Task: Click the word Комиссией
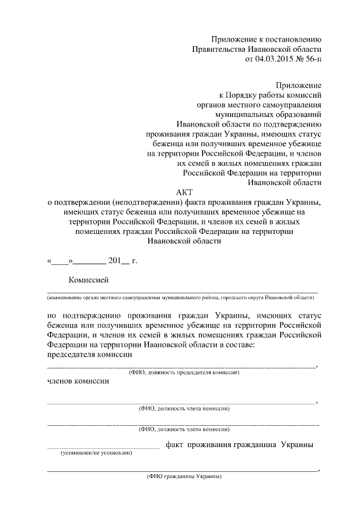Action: (x=88, y=280)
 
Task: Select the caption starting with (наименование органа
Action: (x=183, y=296)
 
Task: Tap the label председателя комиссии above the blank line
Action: (x=89, y=355)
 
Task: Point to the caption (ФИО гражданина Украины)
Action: (x=184, y=476)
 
